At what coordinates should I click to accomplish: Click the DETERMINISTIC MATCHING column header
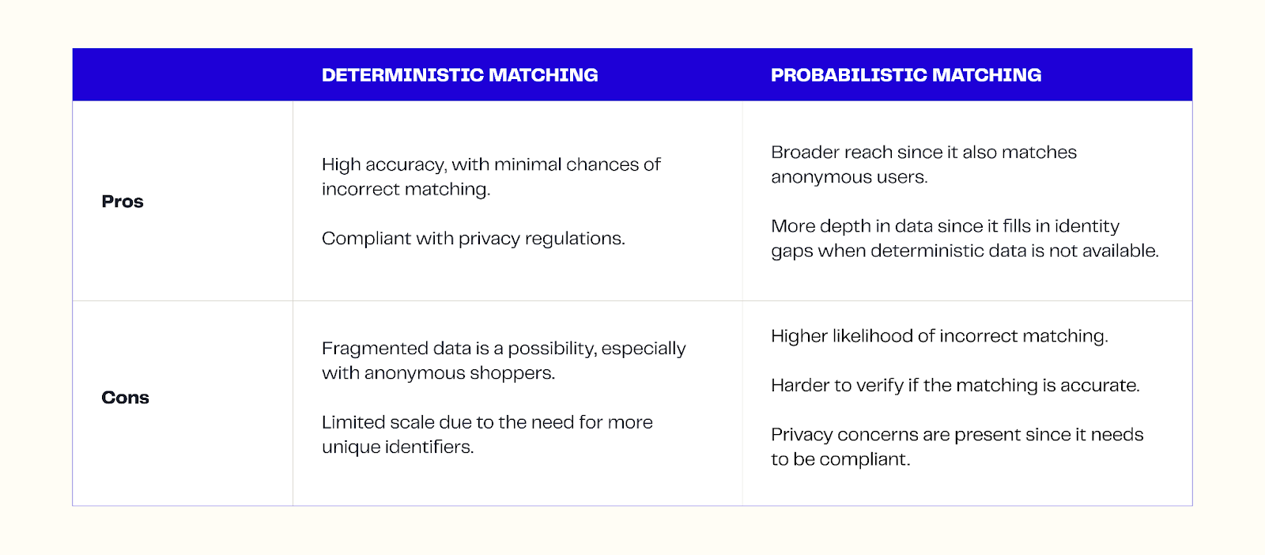coord(459,75)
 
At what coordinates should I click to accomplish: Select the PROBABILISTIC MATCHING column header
coord(905,75)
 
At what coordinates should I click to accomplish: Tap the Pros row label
coord(123,202)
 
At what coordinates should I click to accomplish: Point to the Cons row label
coord(125,398)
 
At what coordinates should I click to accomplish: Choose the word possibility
coord(552,349)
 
